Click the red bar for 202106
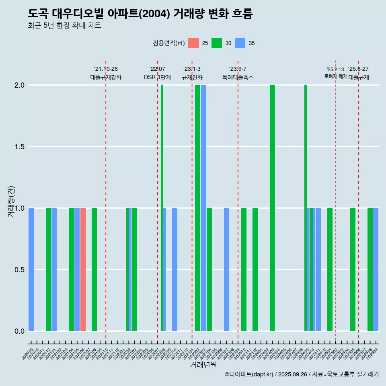(x=83, y=269)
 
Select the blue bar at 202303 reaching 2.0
(x=204, y=208)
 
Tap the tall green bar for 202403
(x=272, y=208)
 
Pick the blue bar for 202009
(x=31, y=269)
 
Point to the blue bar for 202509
(x=376, y=269)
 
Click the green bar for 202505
(x=353, y=269)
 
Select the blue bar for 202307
(x=226, y=269)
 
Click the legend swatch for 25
(x=193, y=43)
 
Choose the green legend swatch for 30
(x=217, y=43)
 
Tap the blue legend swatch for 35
(x=240, y=43)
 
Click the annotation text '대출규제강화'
(x=106, y=77)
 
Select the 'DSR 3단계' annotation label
(x=158, y=77)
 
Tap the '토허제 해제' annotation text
(x=335, y=76)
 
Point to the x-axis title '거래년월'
(x=203, y=365)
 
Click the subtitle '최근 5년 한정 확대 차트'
(x=64, y=26)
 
